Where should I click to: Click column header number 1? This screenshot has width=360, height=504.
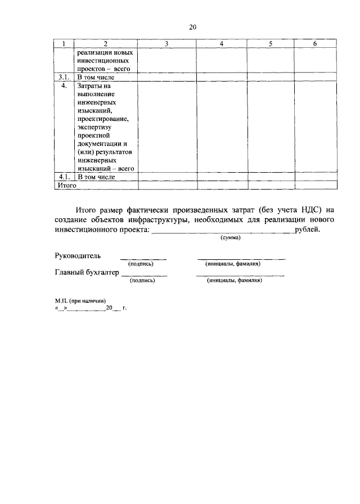tap(64, 44)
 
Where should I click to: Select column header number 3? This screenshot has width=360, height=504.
tap(167, 44)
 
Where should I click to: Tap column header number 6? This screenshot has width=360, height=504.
tap(315, 44)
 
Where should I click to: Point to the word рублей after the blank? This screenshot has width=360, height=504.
tap(307, 229)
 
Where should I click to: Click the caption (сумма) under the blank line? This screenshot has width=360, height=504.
tap(229, 238)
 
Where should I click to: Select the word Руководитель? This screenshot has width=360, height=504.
tap(78, 255)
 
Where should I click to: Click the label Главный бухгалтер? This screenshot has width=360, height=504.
tap(87, 272)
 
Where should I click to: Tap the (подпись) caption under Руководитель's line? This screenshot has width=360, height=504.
tap(141, 263)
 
